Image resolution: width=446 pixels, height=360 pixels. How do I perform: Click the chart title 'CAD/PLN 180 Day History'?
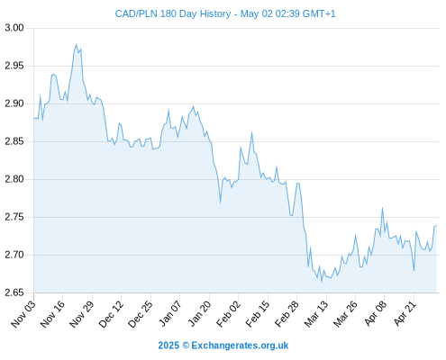pyautogui.click(x=173, y=13)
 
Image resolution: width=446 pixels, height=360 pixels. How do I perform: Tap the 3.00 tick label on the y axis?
pyautogui.click(x=14, y=28)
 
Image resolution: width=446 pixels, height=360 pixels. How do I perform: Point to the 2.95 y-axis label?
pyautogui.click(x=14, y=66)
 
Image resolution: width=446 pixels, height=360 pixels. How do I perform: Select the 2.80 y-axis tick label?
pyautogui.click(x=14, y=179)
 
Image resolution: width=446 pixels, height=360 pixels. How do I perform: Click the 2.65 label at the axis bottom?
pyautogui.click(x=14, y=292)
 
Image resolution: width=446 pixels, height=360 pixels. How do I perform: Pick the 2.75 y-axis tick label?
pyautogui.click(x=14, y=217)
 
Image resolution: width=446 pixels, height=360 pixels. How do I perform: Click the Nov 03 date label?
pyautogui.click(x=23, y=314)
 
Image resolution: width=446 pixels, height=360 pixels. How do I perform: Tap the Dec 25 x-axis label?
pyautogui.click(x=141, y=314)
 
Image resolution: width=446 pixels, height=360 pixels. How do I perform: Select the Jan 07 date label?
pyautogui.click(x=170, y=314)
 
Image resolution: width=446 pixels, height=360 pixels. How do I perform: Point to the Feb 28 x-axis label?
pyautogui.click(x=287, y=314)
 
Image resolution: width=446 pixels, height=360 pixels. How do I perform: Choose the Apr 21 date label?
pyautogui.click(x=405, y=313)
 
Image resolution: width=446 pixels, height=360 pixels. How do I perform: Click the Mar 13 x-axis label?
pyautogui.click(x=316, y=314)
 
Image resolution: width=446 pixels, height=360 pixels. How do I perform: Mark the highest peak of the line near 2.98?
pyautogui.click(x=76, y=45)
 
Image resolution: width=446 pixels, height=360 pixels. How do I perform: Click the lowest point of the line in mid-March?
pyautogui.click(x=322, y=282)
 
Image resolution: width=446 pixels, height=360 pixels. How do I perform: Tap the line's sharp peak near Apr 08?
pyautogui.click(x=382, y=208)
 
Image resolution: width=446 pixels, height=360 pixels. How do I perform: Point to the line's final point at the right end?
pyautogui.click(x=436, y=226)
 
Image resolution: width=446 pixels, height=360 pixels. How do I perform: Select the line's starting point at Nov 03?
pyautogui.click(x=34, y=119)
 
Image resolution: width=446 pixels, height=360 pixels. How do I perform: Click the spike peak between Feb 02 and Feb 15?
pyautogui.click(x=251, y=132)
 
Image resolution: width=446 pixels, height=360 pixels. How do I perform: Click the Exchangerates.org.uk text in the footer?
pyautogui.click(x=240, y=346)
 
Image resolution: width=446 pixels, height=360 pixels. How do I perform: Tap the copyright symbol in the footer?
pyautogui.click(x=186, y=346)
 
